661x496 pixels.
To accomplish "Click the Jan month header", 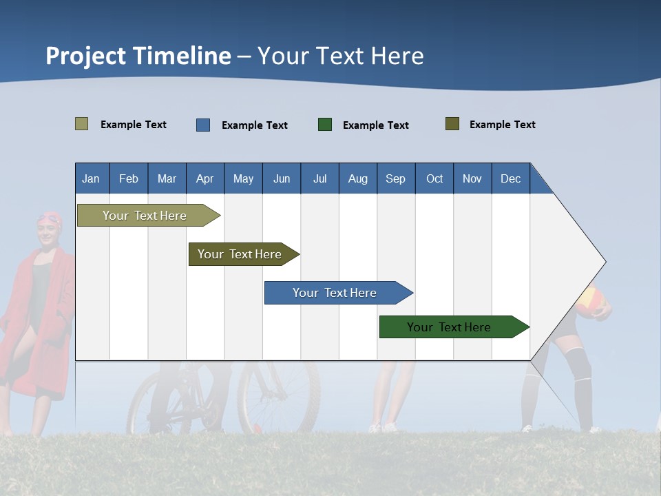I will pos(92,178).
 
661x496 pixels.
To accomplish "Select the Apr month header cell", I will pos(205,178).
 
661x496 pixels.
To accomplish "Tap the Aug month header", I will pos(358,178).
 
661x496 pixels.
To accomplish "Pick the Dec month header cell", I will pos(511,178).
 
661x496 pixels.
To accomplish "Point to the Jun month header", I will pos(282,178).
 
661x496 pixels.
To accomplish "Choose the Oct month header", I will pos(434,178).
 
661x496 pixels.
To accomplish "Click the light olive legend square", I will pos(82,124).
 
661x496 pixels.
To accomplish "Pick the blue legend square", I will pos(203,125).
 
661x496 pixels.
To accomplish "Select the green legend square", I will pos(325,125).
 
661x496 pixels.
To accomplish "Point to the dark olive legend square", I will pos(452,124).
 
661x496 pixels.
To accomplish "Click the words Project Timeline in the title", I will pos(138,56).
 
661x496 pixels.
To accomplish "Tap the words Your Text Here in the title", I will pos(341,56).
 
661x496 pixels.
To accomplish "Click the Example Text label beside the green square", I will pos(376,125).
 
